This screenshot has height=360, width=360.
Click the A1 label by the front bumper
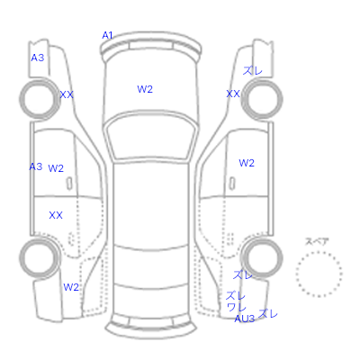(x=107, y=35)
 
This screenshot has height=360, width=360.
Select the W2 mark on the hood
(x=145, y=89)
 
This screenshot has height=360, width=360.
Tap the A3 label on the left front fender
(x=38, y=58)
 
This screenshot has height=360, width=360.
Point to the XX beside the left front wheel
(x=67, y=94)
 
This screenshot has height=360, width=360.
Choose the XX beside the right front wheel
(x=233, y=94)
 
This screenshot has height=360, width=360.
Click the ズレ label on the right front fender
(x=253, y=71)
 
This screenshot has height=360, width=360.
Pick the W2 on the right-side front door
(x=247, y=163)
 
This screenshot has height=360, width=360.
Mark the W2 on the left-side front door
(x=56, y=168)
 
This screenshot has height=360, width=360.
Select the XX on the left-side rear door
(x=56, y=215)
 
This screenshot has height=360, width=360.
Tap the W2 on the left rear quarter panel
(x=71, y=287)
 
